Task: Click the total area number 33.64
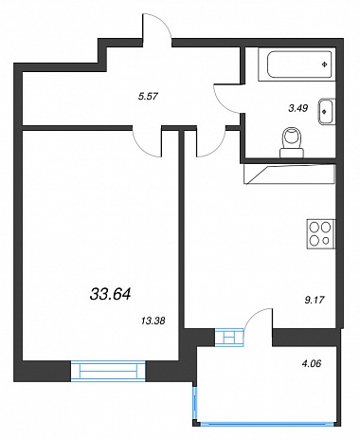tap(110, 294)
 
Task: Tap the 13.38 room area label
tap(153, 321)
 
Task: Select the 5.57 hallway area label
tap(148, 96)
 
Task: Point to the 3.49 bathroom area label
tap(298, 108)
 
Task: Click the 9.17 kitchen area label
tap(315, 300)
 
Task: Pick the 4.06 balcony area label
tap(312, 364)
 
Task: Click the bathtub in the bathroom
tap(297, 64)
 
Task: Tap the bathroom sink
tap(327, 111)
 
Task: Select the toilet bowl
tap(293, 142)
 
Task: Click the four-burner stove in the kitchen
tap(320, 234)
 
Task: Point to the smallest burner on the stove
tap(326, 241)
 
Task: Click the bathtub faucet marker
tap(324, 64)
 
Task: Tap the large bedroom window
tap(108, 371)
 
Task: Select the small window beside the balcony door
tap(229, 337)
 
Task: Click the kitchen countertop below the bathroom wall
tap(289, 174)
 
